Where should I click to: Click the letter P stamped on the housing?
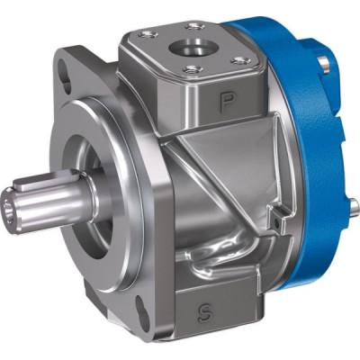(227, 103)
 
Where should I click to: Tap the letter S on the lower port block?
(205, 313)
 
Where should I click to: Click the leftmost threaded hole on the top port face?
(148, 35)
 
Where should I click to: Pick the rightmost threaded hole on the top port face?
(241, 61)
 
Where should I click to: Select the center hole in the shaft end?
(7, 209)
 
